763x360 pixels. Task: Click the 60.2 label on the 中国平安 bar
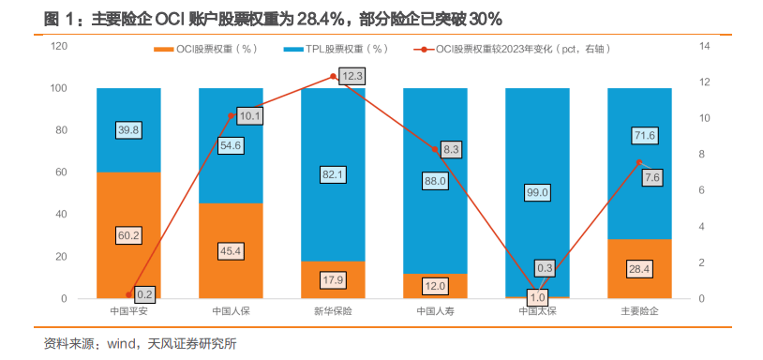pyautogui.click(x=128, y=235)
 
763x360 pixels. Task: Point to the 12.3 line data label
pyautogui.click(x=352, y=76)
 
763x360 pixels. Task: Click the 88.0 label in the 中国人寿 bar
pyautogui.click(x=435, y=181)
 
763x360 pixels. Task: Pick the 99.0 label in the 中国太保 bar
pyautogui.click(x=537, y=192)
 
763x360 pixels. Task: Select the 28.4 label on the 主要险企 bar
pyautogui.click(x=639, y=269)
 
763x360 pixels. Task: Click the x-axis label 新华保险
pyautogui.click(x=333, y=311)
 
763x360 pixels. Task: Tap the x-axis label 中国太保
pyautogui.click(x=537, y=311)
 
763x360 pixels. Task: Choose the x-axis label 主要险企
pyautogui.click(x=639, y=311)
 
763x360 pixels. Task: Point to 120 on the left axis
pyautogui.click(x=58, y=46)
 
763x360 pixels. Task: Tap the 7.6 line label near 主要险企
pyautogui.click(x=653, y=177)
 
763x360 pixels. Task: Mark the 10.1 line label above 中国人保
pyautogui.click(x=250, y=116)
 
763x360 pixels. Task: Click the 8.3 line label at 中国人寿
pyautogui.click(x=451, y=149)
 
